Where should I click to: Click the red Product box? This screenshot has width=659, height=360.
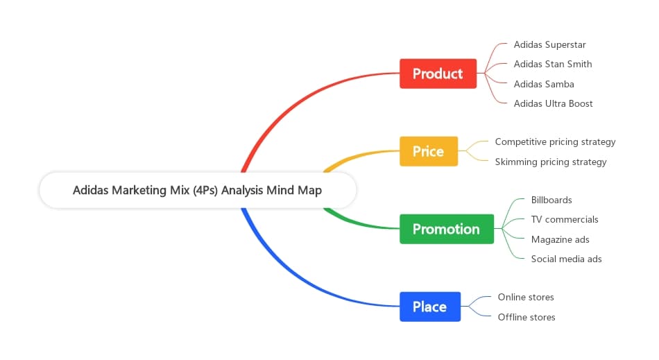point(438,74)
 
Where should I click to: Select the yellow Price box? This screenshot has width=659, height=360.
point(428,151)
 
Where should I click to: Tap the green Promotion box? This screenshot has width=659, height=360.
point(446,229)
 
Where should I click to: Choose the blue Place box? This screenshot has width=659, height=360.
point(429,307)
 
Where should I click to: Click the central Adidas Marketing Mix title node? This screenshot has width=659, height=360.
point(197,190)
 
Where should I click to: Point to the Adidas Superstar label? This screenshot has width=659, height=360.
point(549,44)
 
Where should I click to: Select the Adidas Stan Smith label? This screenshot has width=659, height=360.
point(553,64)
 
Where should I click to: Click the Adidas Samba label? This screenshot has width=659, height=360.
point(544,84)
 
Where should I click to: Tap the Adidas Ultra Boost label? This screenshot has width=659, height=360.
point(553,103)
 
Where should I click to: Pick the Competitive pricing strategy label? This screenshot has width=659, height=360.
point(555,142)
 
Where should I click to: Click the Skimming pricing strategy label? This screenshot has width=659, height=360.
point(551,162)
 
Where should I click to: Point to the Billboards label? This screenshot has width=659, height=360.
point(551,200)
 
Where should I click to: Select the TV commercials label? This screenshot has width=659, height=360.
point(565,219)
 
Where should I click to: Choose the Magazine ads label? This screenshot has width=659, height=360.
point(560,239)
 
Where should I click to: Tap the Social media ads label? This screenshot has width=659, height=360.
point(566,259)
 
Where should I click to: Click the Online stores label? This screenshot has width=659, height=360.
point(526,297)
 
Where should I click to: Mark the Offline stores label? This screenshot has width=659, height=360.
point(527,317)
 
